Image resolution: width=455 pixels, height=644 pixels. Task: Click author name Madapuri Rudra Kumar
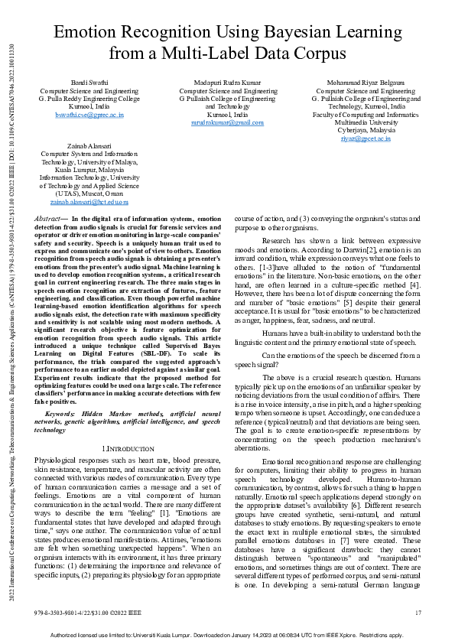point(227,83)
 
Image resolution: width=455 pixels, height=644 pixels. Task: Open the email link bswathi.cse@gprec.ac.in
point(89,115)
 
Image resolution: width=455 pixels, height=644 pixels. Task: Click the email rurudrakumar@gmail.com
point(227,122)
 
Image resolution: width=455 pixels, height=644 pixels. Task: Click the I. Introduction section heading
point(123,446)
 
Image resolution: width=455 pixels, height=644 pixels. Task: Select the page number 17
point(418,613)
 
